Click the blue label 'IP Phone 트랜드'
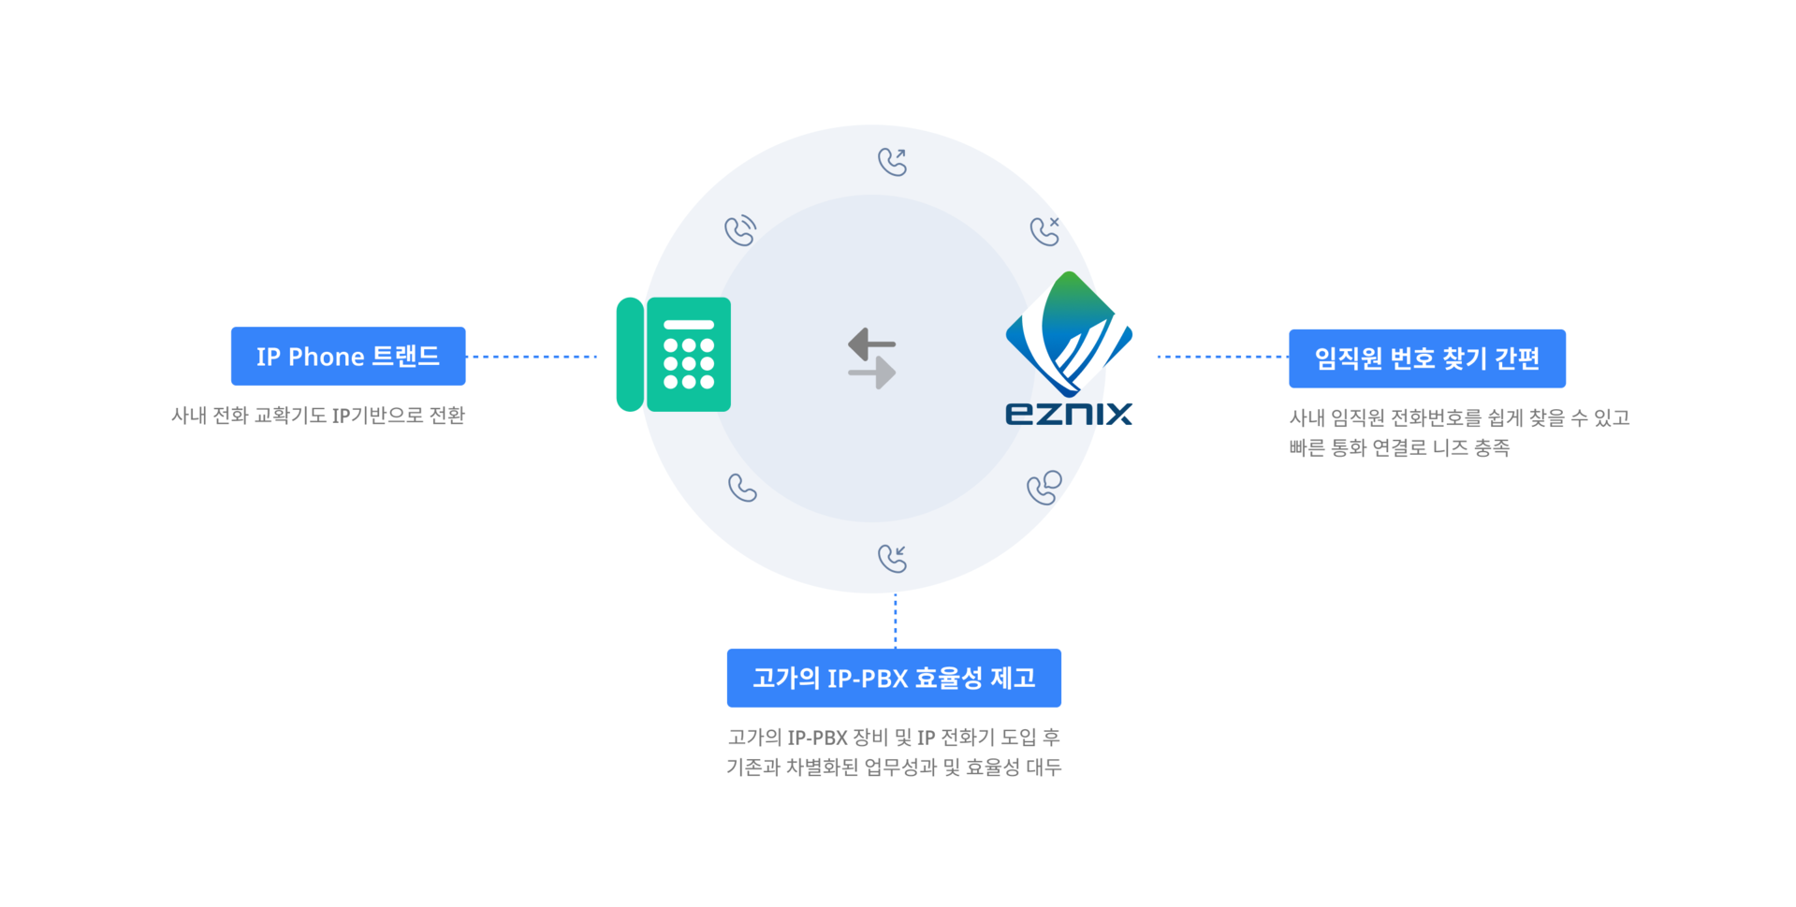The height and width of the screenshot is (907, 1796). [x=348, y=356]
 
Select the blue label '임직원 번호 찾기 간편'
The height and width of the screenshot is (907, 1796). [x=1426, y=358]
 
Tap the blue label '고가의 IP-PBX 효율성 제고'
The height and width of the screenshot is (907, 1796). [x=894, y=678]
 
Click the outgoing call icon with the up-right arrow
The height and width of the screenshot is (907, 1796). [x=893, y=162]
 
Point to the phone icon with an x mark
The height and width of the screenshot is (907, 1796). [x=1044, y=230]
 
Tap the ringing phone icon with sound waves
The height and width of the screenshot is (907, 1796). [x=740, y=230]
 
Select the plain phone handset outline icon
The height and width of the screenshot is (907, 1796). [x=742, y=488]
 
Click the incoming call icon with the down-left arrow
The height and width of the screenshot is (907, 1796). [x=893, y=558]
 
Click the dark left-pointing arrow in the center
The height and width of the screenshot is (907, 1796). [x=871, y=344]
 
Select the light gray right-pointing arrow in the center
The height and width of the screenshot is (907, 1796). [x=872, y=373]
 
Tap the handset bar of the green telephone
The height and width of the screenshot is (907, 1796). [x=630, y=355]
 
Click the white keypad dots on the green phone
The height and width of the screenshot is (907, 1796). [x=689, y=363]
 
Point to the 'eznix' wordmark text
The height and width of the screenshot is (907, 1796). [x=1068, y=414]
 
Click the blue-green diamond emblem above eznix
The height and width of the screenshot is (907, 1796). [x=1069, y=332]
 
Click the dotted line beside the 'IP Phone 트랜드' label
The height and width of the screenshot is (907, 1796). [x=531, y=357]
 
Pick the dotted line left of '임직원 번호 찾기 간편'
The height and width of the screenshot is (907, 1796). [x=1222, y=357]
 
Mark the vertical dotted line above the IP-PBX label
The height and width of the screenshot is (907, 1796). [x=896, y=621]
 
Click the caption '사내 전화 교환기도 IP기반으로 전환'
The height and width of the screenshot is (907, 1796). [x=318, y=416]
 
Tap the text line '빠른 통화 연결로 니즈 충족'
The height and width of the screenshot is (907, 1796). [x=1399, y=448]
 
